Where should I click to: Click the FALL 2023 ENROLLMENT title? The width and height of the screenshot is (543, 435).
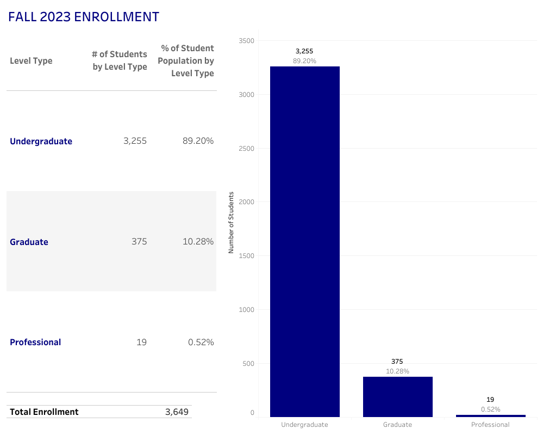coord(84,17)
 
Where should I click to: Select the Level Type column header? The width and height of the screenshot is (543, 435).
coord(31,61)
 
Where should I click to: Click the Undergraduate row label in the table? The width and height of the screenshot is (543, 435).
coord(41,142)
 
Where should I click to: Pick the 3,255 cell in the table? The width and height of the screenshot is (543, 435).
coord(135,141)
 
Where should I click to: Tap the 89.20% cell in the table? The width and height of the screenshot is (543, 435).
coord(198,141)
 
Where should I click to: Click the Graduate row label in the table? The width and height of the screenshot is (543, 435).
coord(29,242)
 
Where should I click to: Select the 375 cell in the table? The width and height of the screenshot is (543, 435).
coord(139,241)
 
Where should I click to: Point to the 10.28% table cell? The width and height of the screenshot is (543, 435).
coord(198,241)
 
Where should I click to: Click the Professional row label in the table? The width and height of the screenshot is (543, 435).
coord(35,342)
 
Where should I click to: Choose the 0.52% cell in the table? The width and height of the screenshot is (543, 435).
coord(201,342)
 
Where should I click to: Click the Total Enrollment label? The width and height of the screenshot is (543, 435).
coord(44,412)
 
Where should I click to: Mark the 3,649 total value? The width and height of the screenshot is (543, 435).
coord(177,412)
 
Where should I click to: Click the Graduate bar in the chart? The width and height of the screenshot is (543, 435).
coord(397,396)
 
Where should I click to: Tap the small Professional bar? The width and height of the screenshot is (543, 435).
coord(490,415)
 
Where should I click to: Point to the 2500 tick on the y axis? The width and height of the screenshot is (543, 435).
coord(246,148)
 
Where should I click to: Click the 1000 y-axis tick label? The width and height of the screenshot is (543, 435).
coord(246,310)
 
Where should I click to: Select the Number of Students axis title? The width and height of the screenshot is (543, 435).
coord(230,223)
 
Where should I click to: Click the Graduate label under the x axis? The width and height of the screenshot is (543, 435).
coord(397,425)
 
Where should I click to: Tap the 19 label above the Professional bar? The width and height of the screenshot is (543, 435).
coord(490,400)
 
